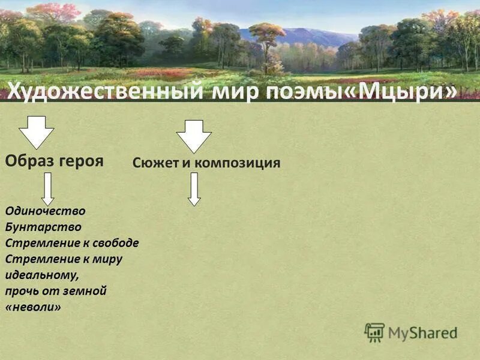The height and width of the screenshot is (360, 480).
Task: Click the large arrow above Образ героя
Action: coord(36,132)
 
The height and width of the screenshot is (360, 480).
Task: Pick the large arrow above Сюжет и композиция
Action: coord(193,136)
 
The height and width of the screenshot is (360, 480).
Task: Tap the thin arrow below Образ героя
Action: coord(48,188)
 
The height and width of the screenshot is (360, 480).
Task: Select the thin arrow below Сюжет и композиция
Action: coord(193,189)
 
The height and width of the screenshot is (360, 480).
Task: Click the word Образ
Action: coord(29,161)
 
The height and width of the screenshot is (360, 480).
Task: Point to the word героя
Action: coord(80,161)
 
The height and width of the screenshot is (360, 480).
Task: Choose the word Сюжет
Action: coord(154,163)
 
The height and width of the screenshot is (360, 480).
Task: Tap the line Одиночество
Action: coord(45,211)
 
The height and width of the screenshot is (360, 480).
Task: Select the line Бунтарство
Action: coord(43,227)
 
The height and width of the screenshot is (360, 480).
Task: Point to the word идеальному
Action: coord(41,275)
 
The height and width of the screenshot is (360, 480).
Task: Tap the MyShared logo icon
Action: coord(374,332)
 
